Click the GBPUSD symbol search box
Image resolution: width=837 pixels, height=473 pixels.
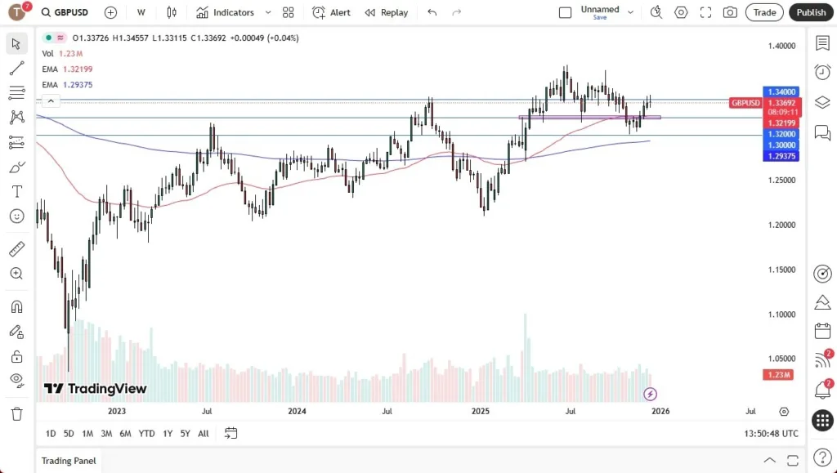pyautogui.click(x=72, y=12)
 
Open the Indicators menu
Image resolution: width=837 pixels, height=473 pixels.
pyautogui.click(x=225, y=12)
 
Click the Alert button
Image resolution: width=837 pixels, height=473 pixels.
pyautogui.click(x=331, y=12)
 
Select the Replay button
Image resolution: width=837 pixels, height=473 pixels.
pyautogui.click(x=386, y=12)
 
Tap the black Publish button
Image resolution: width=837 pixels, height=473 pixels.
pyautogui.click(x=811, y=12)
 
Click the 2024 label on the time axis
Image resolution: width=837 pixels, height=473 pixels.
pyautogui.click(x=298, y=412)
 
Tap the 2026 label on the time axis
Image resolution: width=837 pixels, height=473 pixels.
pyautogui.click(x=660, y=412)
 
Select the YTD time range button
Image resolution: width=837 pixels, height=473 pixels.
pyautogui.click(x=146, y=433)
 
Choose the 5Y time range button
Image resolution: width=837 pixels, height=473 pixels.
pyautogui.click(x=186, y=433)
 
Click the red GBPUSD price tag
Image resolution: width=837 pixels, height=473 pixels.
pyautogui.click(x=745, y=103)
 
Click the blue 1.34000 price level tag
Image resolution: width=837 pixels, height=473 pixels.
pyautogui.click(x=781, y=92)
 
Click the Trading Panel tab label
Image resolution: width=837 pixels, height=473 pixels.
pyautogui.click(x=69, y=461)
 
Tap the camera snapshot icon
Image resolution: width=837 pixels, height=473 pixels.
pyautogui.click(x=730, y=12)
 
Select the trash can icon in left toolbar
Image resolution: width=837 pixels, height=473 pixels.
pyautogui.click(x=16, y=413)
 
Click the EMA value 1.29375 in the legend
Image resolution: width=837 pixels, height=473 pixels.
pyautogui.click(x=78, y=85)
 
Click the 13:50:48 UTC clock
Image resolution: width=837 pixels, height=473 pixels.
pyautogui.click(x=772, y=433)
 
